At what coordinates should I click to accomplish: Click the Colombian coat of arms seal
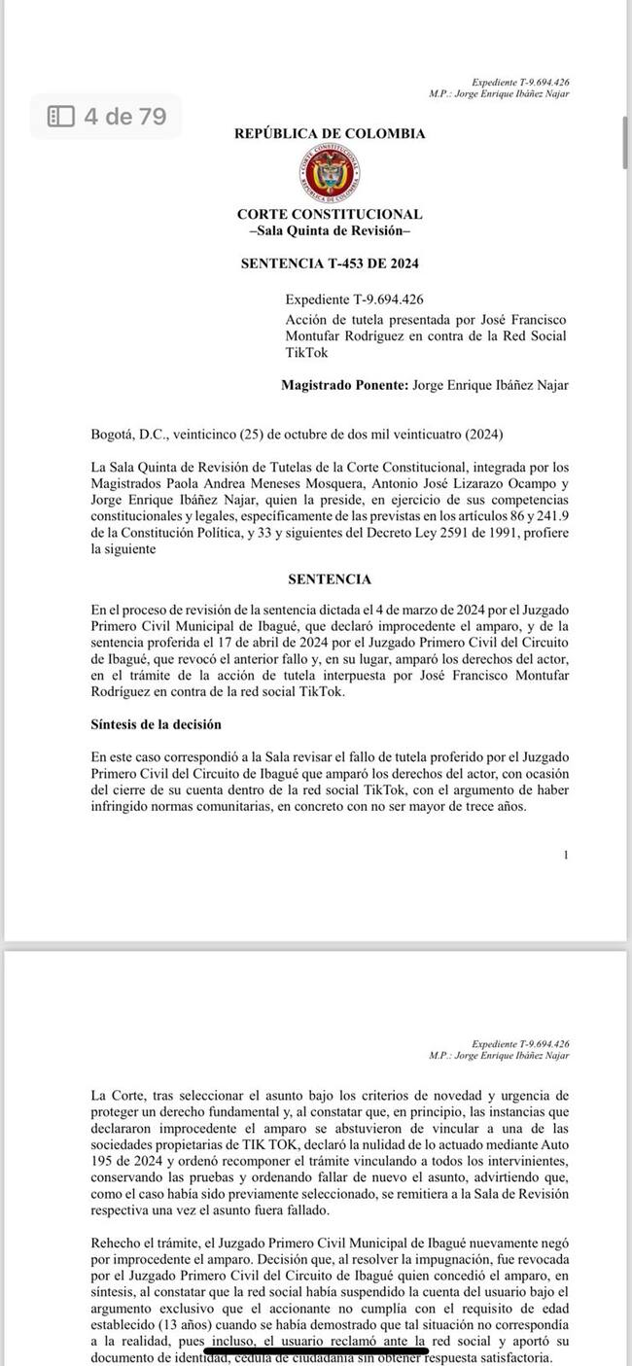[330, 174]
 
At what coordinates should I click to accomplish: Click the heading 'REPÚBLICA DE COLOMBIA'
[330, 133]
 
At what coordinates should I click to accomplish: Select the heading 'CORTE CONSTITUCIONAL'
[330, 214]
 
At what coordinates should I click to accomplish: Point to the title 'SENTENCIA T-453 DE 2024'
[330, 263]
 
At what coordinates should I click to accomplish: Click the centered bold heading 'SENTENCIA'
[330, 578]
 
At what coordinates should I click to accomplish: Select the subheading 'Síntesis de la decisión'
[156, 724]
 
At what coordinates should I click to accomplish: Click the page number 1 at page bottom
[565, 855]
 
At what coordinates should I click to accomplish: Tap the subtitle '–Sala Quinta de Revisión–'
[330, 230]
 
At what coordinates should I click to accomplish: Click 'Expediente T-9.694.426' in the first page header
[520, 83]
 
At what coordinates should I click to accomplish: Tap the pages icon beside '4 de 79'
[61, 117]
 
